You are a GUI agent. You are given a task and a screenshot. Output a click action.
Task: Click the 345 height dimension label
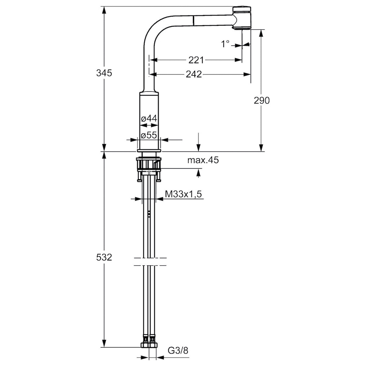coord(104,73)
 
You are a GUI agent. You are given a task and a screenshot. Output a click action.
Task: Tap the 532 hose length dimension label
coord(104,257)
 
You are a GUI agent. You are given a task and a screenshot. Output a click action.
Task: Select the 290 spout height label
coord(261,100)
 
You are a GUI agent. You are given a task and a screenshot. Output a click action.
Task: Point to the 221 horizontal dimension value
coord(196,60)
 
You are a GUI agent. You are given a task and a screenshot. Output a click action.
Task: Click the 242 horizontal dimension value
coord(194,74)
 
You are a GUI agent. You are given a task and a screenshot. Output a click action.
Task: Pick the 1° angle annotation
coord(225,44)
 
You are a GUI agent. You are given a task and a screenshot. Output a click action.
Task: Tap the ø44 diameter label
coord(149,119)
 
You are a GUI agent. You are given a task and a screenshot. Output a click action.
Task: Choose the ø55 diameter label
coord(149,135)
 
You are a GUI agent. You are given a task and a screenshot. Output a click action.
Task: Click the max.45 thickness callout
coord(203,160)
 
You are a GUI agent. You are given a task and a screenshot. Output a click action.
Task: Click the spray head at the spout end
coord(242,18)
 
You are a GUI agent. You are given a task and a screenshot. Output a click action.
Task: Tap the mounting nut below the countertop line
coord(149,163)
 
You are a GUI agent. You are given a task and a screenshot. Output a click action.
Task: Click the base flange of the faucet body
coord(149,151)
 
